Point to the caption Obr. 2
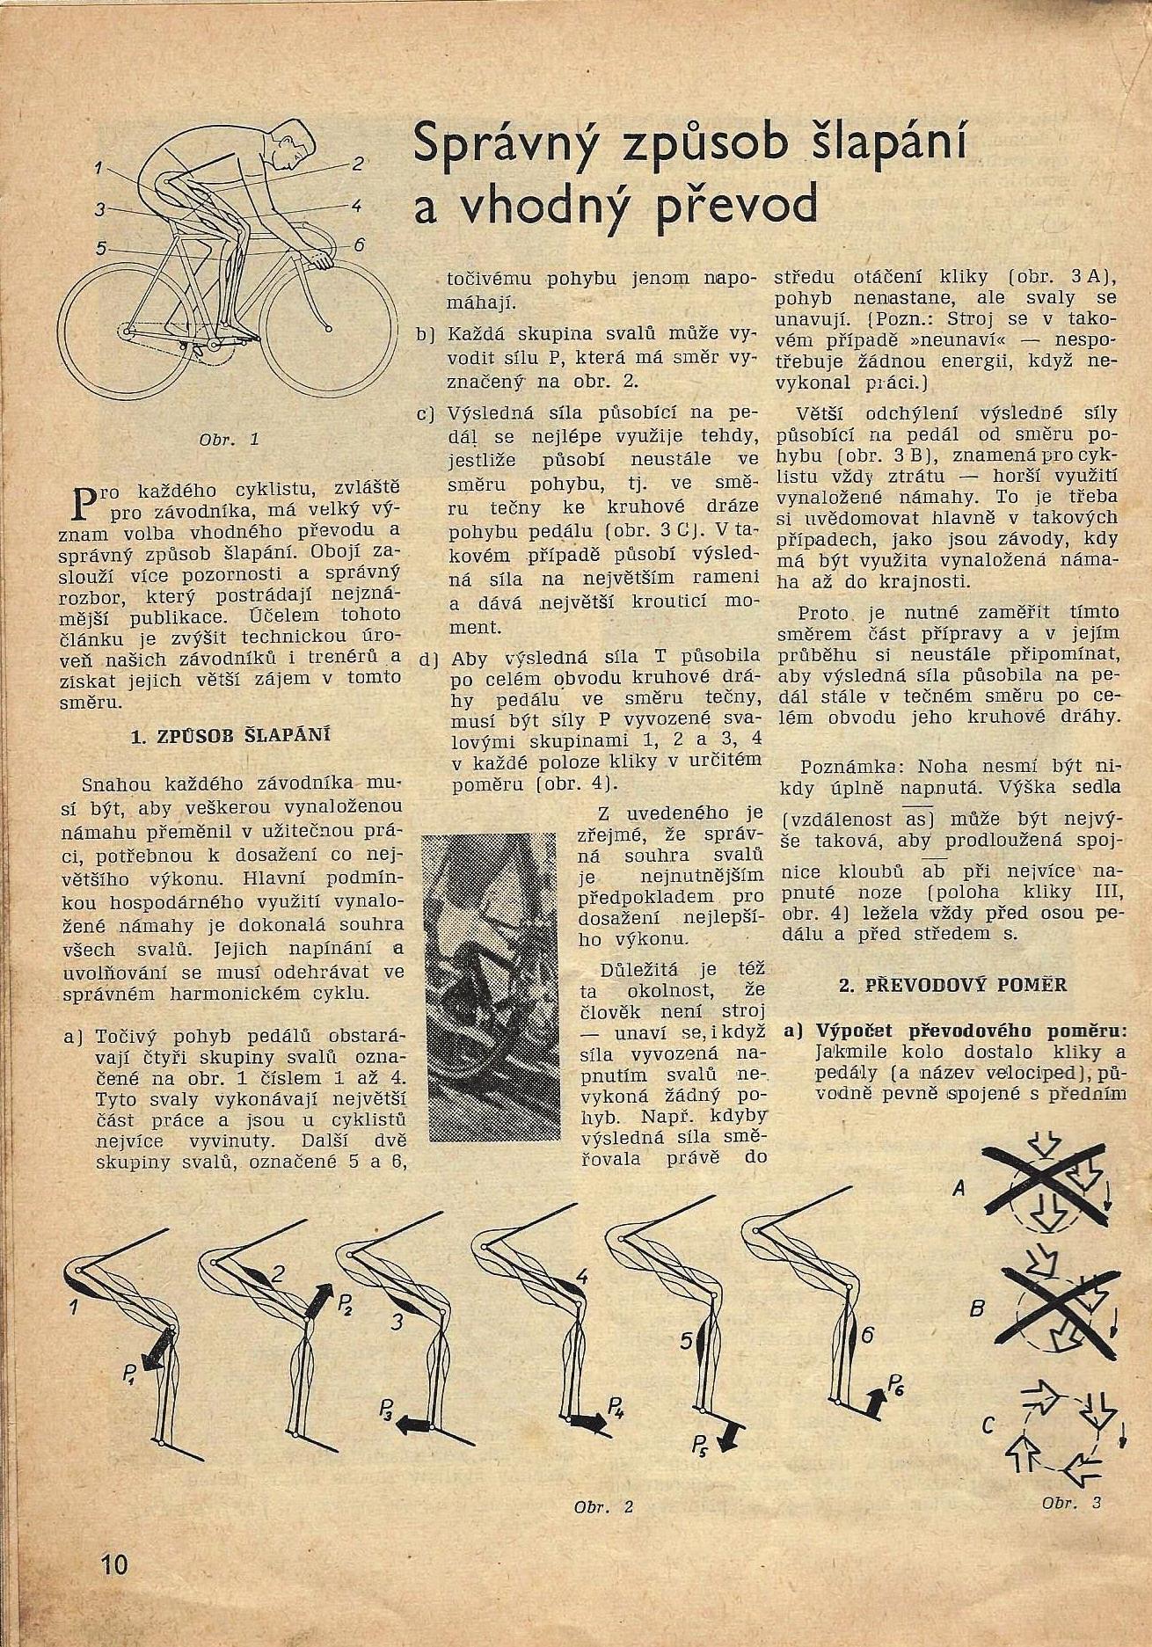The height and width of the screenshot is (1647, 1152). (x=603, y=1506)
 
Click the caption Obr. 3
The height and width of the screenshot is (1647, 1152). (x=1071, y=1503)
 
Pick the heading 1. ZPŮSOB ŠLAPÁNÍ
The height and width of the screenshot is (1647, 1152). (x=230, y=736)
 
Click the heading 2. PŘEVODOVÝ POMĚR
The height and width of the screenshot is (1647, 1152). (x=952, y=985)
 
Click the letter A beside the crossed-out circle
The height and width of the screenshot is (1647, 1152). (x=959, y=1189)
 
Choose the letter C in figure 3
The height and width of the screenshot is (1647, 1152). (x=988, y=1424)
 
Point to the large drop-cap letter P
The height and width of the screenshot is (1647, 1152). (x=83, y=502)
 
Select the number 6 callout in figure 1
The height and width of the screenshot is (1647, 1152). (x=359, y=245)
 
